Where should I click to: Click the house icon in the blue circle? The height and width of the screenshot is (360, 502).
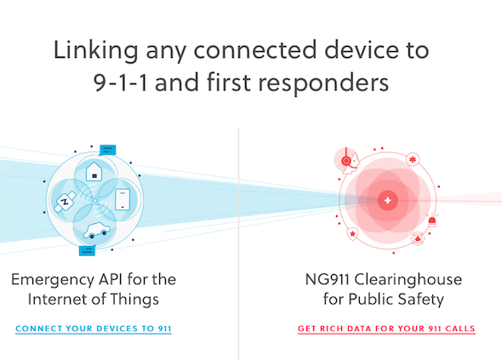94,171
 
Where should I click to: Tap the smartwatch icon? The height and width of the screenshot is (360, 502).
65,202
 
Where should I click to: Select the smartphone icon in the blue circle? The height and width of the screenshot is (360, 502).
123,199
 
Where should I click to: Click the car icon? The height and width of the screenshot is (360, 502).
97,231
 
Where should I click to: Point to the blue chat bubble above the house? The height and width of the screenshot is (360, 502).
107,150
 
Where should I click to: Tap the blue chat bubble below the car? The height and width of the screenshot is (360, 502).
87,251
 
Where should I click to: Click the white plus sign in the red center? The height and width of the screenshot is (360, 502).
388,201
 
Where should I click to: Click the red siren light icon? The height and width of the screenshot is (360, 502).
432,220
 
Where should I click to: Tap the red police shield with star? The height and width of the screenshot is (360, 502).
352,234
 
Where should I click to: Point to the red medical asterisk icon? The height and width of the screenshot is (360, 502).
413,159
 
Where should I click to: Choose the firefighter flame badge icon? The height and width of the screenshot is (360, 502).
418,238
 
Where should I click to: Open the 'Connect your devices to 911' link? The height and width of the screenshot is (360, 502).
94,329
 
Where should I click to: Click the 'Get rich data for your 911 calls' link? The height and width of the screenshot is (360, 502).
386,329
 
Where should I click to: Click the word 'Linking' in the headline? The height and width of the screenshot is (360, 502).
96,51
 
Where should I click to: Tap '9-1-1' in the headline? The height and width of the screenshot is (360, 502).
121,83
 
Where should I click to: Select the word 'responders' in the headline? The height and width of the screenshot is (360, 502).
323,83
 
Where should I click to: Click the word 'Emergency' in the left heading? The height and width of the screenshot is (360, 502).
53,280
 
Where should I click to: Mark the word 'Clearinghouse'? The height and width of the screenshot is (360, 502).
408,280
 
